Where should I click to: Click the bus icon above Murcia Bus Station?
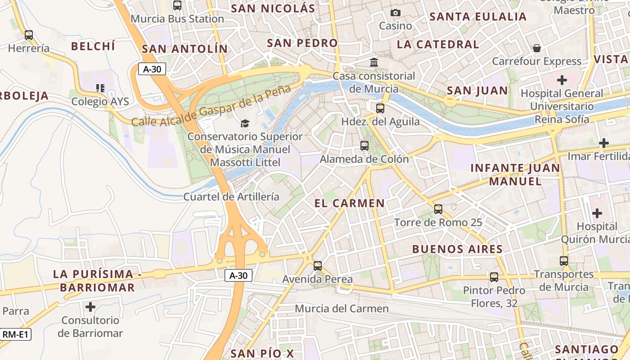pyautogui.click(x=177, y=5)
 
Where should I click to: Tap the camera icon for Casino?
pyautogui.click(x=396, y=13)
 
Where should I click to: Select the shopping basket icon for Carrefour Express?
pyautogui.click(x=536, y=48)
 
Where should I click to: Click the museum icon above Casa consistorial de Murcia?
pyautogui.click(x=374, y=62)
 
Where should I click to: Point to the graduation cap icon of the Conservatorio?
pyautogui.click(x=245, y=123)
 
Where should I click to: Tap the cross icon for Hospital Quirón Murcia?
pyautogui.click(x=597, y=213)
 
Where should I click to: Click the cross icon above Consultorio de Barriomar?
pyautogui.click(x=90, y=307)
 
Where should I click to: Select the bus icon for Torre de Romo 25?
pyautogui.click(x=438, y=209)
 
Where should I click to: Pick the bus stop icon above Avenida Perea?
pyautogui.click(x=318, y=266)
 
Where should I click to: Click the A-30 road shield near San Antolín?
pyautogui.click(x=152, y=69)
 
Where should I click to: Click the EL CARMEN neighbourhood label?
pyautogui.click(x=350, y=203)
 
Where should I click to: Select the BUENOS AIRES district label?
pyautogui.click(x=457, y=249)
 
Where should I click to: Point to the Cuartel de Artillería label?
pyautogui.click(x=231, y=197)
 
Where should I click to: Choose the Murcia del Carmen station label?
pyautogui.click(x=342, y=309)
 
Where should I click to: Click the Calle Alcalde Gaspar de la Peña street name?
pyautogui.click(x=211, y=106)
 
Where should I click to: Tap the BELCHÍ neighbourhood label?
pyautogui.click(x=93, y=46)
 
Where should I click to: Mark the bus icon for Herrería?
pyautogui.click(x=29, y=35)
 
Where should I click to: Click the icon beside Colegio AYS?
pyautogui.click(x=100, y=88)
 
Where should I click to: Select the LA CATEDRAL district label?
pyautogui.click(x=438, y=44)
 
